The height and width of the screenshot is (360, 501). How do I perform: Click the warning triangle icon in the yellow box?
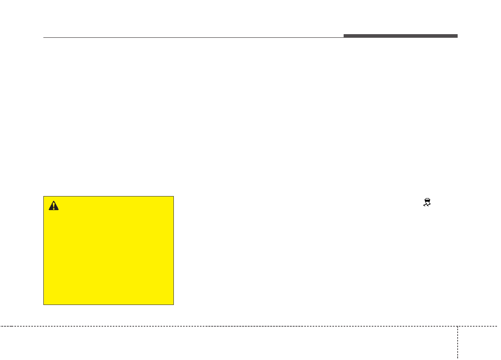tap(53, 205)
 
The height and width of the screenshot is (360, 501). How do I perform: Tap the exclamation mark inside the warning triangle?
tap(53, 206)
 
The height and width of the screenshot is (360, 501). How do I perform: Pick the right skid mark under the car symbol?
tap(429, 205)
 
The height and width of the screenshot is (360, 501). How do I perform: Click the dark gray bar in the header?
tap(400, 36)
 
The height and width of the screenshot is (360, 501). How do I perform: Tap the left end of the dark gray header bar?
tap(344, 36)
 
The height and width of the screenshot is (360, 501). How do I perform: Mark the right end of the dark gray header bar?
tap(457, 36)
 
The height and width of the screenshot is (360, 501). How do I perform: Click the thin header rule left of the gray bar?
tap(193, 38)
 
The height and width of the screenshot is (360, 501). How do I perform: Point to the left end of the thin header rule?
tap(44, 38)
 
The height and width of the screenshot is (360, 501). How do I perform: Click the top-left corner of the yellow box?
tap(44, 196)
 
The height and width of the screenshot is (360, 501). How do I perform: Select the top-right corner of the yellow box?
tap(173, 196)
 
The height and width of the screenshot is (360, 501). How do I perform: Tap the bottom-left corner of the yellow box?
tap(44, 305)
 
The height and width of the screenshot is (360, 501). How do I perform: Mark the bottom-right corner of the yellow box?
tap(173, 305)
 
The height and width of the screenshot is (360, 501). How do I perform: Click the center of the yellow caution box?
tap(108, 250)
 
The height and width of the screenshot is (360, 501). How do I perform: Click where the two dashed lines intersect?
tap(457, 326)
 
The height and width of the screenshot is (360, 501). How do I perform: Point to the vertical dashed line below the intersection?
tap(457, 344)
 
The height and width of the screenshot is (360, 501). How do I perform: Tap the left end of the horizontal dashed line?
tap(1, 326)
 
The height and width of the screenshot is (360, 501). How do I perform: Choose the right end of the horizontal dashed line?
tap(499, 326)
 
